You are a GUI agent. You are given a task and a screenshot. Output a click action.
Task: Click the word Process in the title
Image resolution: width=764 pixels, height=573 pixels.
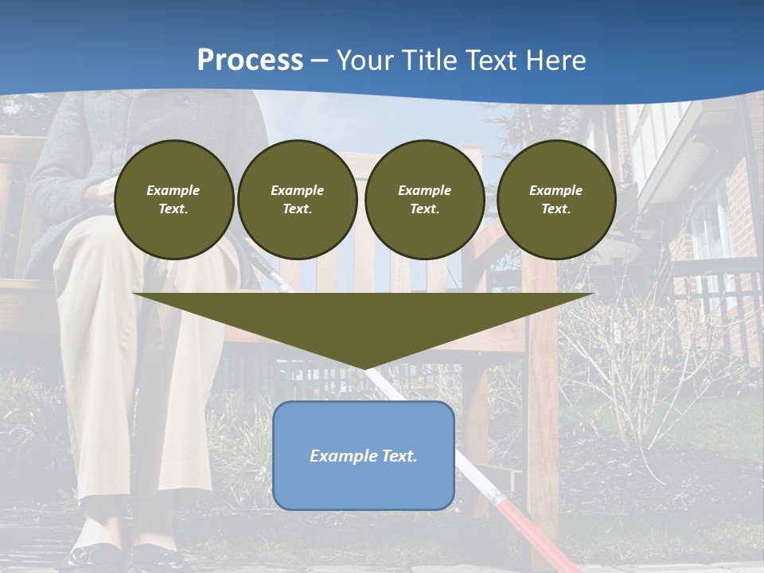coord(250,60)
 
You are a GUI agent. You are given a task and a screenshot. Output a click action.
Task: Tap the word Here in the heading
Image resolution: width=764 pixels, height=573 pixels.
coord(553,60)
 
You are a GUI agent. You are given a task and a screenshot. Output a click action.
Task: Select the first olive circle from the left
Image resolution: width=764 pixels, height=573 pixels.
coord(174,200)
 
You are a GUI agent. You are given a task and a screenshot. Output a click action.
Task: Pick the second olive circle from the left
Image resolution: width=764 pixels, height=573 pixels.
coord(298,200)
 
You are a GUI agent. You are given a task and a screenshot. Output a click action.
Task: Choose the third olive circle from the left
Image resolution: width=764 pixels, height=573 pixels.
coord(425,200)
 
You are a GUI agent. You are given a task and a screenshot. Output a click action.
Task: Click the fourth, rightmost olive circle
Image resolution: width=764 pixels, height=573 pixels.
coord(556,200)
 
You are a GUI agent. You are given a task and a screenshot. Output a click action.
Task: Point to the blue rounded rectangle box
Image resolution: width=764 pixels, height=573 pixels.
coord(364,485)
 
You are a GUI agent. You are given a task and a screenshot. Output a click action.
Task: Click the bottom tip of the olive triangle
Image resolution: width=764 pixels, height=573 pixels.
coord(364,367)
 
